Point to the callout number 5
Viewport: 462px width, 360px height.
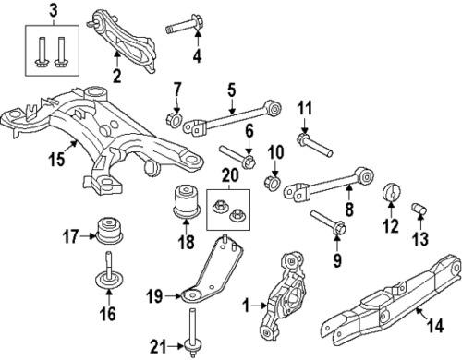232,90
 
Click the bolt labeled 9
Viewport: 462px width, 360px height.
330,222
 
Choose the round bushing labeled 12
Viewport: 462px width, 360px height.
390,195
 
